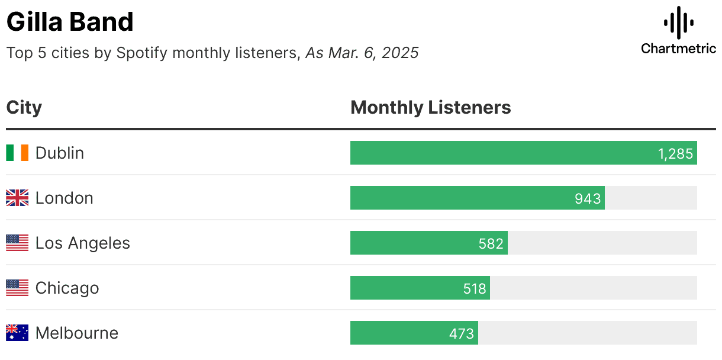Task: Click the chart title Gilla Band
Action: point(70,22)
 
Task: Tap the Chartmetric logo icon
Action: point(678,22)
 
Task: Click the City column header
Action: point(24,108)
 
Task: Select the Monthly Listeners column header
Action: point(430,108)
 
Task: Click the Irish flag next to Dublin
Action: point(17,153)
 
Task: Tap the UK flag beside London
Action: point(17,198)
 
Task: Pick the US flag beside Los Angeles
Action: point(17,243)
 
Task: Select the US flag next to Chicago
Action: point(17,288)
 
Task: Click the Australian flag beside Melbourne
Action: point(17,333)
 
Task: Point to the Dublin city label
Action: point(60,153)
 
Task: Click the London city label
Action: point(65,198)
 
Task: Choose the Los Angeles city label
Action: point(83,243)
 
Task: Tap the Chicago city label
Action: point(67,288)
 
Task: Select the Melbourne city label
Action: point(77,333)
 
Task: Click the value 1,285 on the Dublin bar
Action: point(675,154)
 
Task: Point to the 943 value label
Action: point(588,199)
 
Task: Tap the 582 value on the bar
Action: point(491,244)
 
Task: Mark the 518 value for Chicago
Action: point(475,289)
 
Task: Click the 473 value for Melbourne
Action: point(462,334)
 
